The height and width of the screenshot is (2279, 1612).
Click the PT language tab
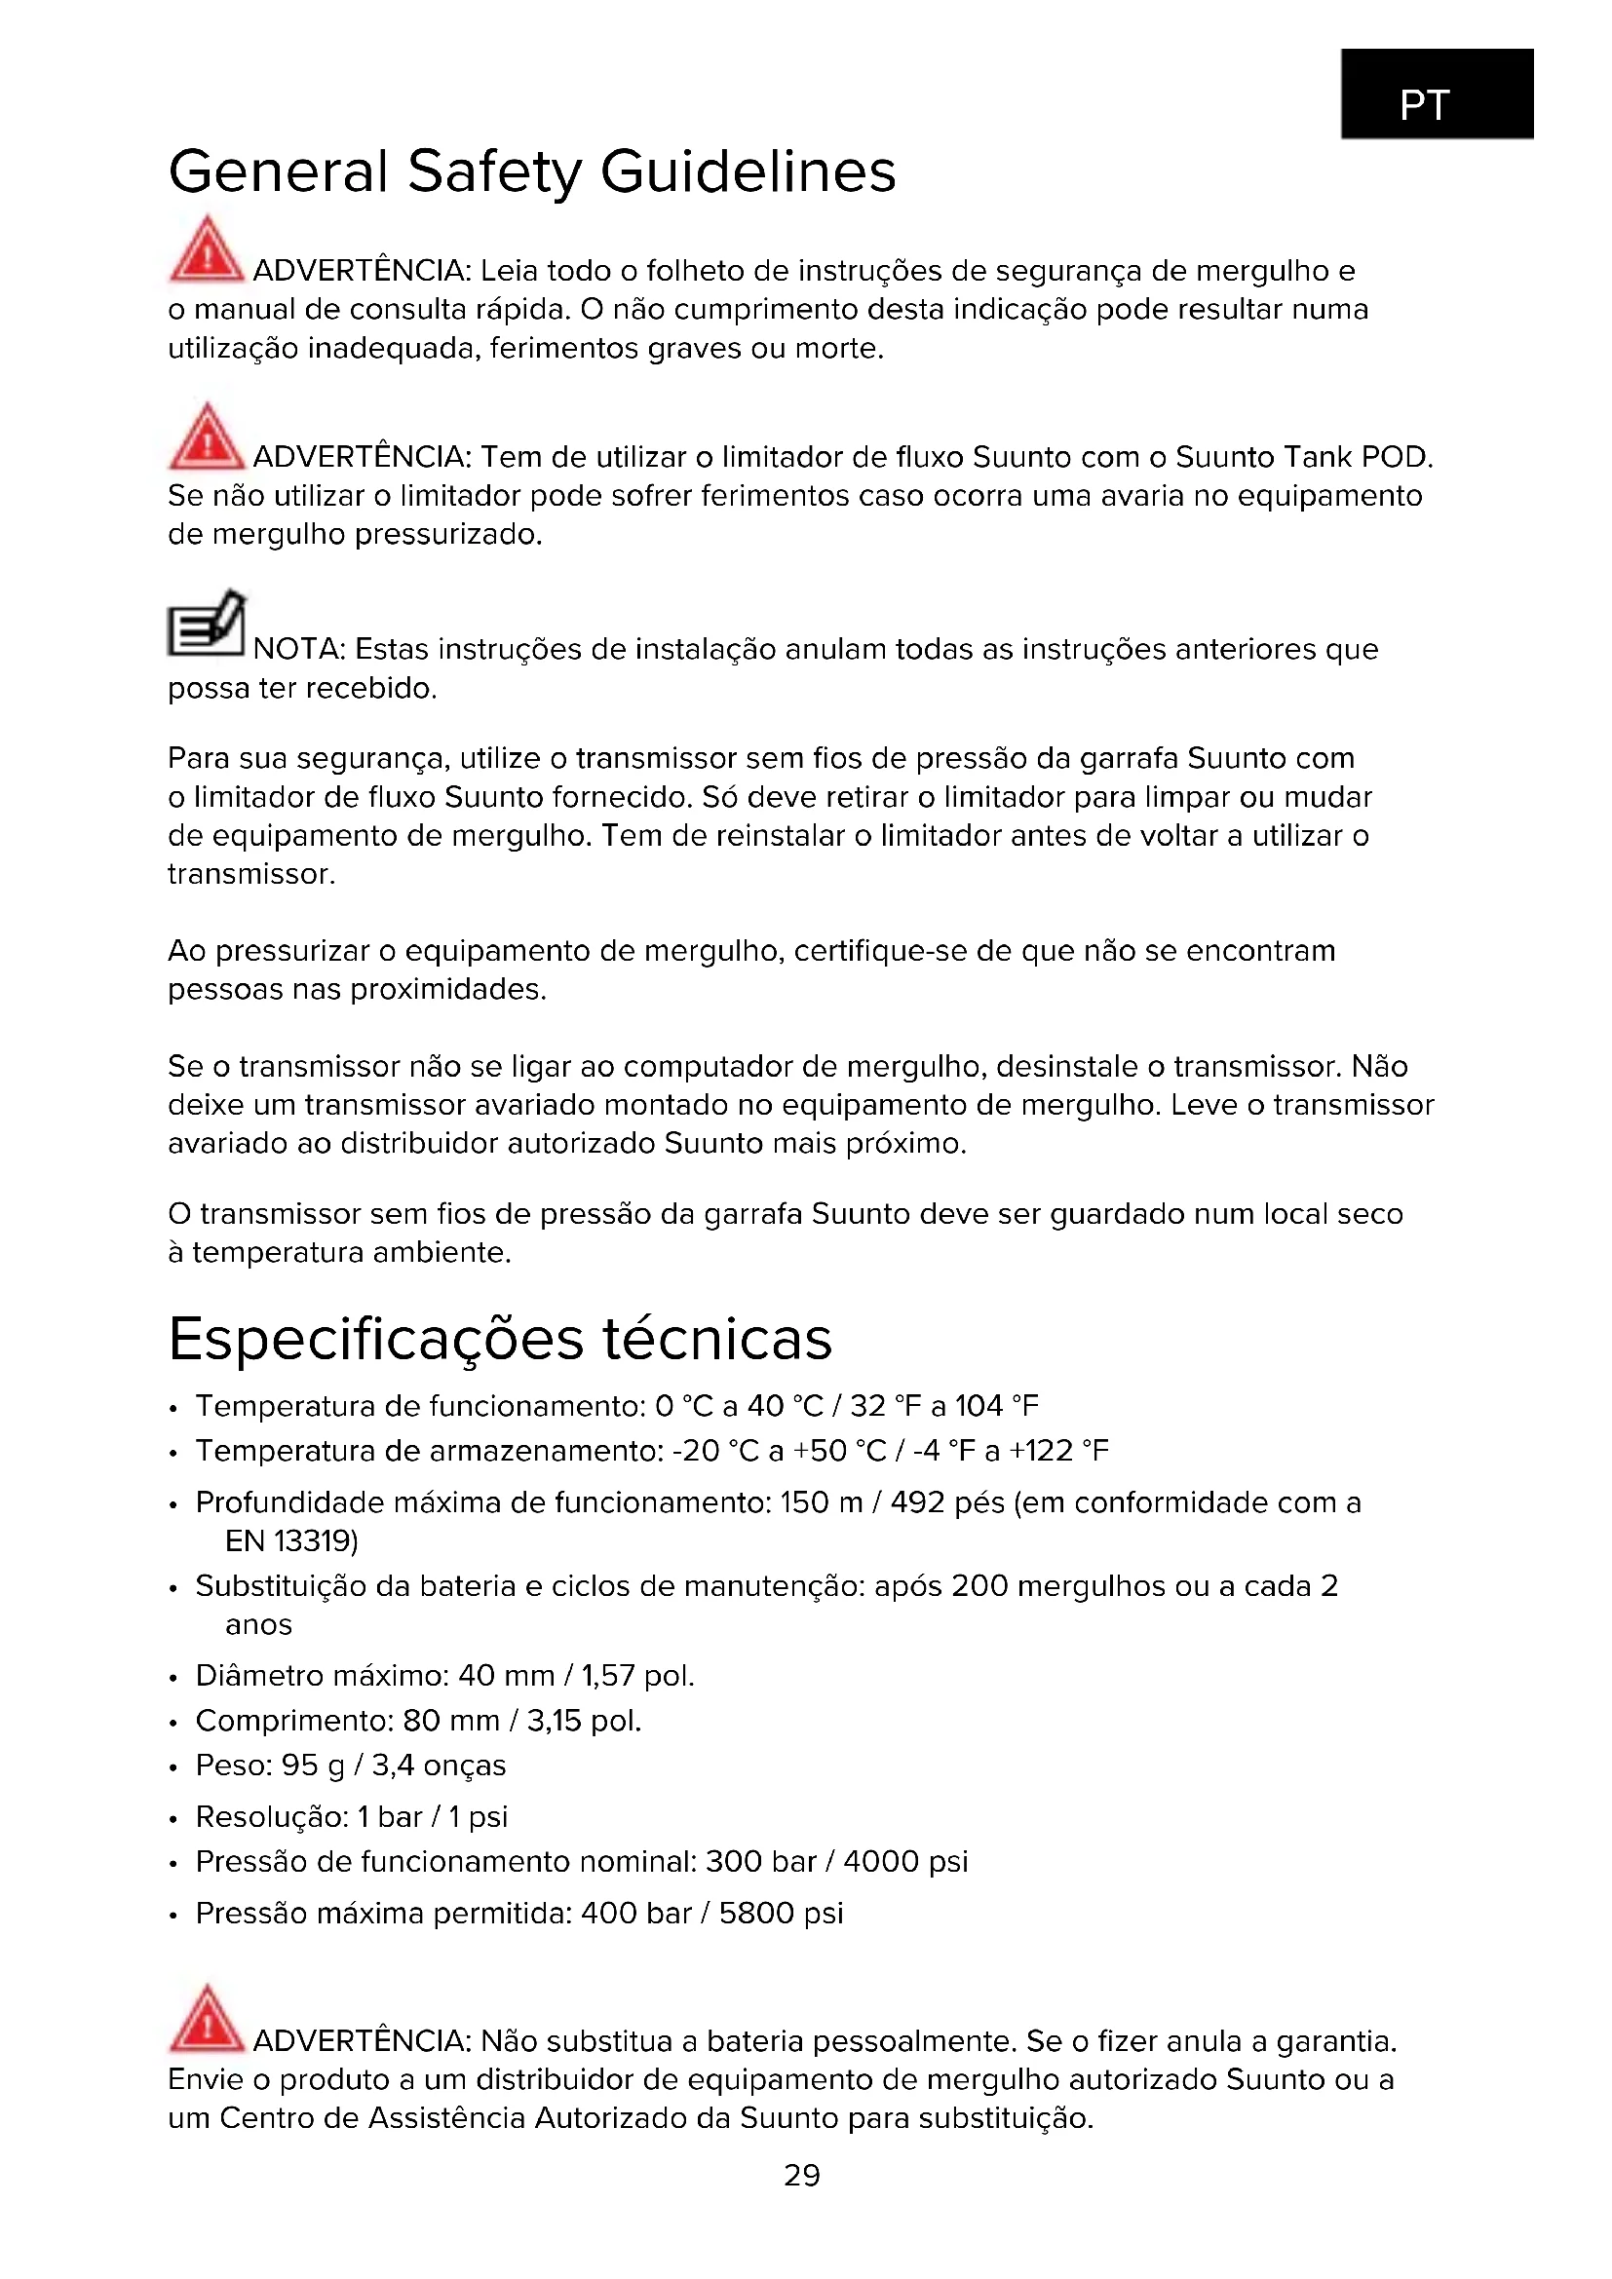tap(1437, 95)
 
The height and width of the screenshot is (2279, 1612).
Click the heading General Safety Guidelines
tap(532, 171)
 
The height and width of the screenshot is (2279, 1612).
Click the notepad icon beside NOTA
tap(206, 625)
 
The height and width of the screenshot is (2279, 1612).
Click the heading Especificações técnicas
tap(500, 1339)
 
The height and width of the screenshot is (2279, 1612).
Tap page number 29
tap(802, 2175)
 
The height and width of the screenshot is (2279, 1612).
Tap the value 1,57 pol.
tap(637, 1676)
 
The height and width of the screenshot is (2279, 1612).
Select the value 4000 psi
tap(905, 1861)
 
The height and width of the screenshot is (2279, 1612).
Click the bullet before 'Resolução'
tap(173, 1819)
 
